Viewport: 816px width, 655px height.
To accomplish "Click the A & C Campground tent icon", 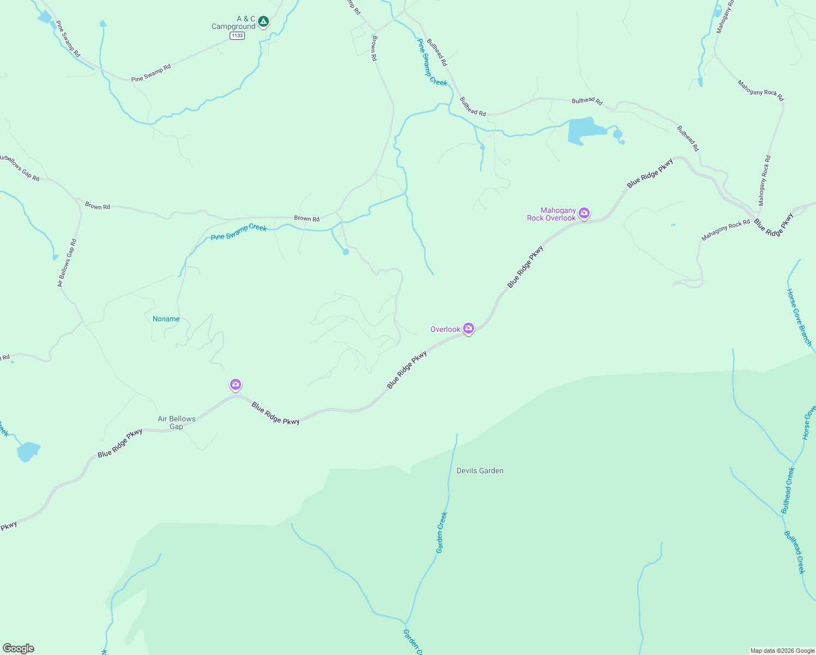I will click(263, 22).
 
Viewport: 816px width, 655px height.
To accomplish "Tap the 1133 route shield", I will click(237, 35).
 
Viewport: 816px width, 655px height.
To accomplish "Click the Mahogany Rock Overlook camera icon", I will click(584, 213).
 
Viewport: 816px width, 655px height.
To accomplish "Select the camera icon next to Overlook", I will click(468, 328).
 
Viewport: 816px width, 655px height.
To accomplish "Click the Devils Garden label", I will click(479, 471).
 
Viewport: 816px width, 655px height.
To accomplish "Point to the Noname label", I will click(166, 319).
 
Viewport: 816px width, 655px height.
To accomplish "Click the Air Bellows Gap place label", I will click(176, 422).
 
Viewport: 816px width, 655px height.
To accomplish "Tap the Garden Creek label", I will click(441, 532).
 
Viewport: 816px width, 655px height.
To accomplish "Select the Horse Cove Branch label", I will click(799, 317).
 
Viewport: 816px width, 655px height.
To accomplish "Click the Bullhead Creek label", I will click(795, 552).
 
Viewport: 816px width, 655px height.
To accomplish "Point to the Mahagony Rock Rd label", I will click(725, 230).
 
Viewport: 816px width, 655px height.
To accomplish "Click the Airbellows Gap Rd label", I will click(20, 168).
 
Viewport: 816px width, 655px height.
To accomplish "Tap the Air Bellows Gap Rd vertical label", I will click(67, 263).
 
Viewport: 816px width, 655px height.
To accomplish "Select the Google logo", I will click(18, 648).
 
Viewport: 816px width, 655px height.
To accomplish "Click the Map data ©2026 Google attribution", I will click(782, 651).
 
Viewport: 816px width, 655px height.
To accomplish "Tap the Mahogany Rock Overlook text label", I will click(551, 214).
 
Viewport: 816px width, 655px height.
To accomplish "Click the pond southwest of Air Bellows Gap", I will click(28, 451).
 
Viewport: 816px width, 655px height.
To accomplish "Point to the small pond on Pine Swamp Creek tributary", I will click(345, 252).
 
